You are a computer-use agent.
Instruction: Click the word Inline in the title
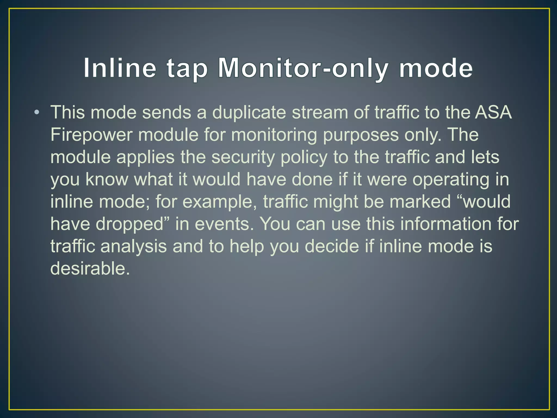[120, 68]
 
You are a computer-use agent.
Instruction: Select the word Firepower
[91, 135]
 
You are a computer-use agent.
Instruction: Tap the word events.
[224, 224]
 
